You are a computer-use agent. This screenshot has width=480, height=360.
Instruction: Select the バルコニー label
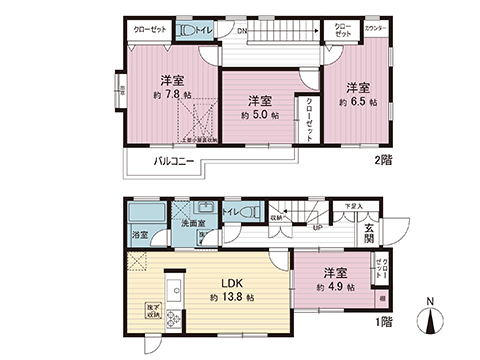175,159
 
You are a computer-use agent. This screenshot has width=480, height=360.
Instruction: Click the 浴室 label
141,236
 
